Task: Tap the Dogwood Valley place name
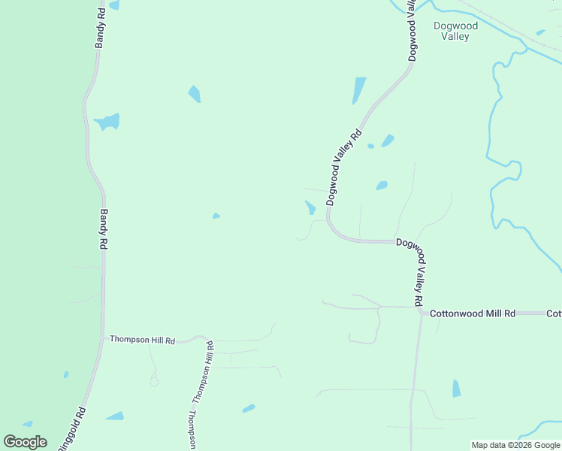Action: click(x=455, y=31)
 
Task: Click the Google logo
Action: click(x=25, y=442)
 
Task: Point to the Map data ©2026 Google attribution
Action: click(x=515, y=445)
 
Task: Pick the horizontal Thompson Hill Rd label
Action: click(x=142, y=340)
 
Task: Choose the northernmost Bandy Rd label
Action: click(x=101, y=28)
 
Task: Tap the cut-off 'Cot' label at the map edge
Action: click(x=554, y=313)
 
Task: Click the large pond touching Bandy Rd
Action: click(x=107, y=122)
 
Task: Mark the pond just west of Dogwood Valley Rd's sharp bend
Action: click(x=310, y=207)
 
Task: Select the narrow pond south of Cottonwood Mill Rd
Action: click(x=456, y=389)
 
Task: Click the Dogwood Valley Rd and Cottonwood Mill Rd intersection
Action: click(x=421, y=312)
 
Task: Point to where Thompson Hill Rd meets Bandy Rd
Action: click(x=103, y=339)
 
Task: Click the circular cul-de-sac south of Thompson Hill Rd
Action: click(x=154, y=381)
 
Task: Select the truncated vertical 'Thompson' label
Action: click(x=192, y=430)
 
